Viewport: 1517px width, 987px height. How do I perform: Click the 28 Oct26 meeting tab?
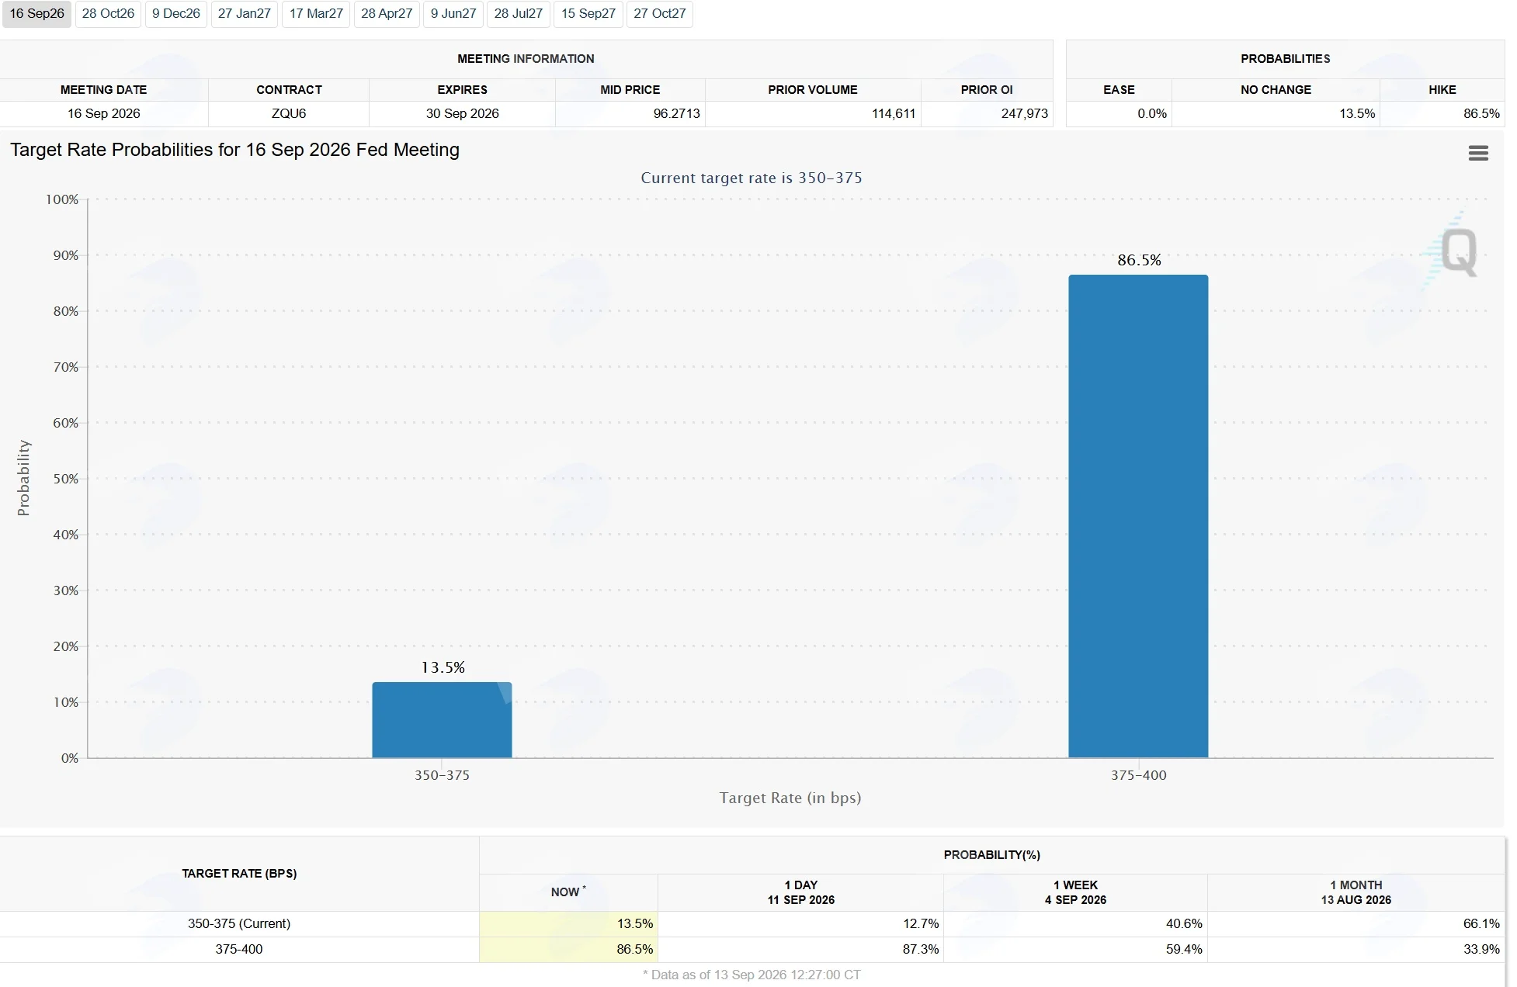tap(108, 14)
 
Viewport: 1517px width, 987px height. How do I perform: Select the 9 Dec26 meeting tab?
tap(176, 14)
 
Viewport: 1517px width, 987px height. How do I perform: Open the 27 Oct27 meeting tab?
tap(660, 14)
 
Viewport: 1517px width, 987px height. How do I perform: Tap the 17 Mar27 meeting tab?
tap(316, 14)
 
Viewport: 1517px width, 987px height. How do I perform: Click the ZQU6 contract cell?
tap(289, 113)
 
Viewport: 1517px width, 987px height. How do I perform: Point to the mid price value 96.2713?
tap(676, 113)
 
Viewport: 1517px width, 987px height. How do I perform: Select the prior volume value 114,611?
tap(894, 113)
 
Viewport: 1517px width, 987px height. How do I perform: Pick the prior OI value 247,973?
tap(1025, 113)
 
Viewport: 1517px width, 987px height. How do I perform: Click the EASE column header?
tap(1119, 90)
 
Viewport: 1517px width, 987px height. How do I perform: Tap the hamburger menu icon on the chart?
tap(1478, 153)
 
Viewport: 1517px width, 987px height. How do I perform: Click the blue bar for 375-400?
tap(1138, 516)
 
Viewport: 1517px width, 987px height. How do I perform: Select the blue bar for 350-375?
tap(442, 720)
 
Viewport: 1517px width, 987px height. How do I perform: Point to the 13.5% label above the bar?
tap(443, 667)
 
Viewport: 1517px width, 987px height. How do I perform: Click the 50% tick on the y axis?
tap(66, 479)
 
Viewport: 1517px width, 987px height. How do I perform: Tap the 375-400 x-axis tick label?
tap(1138, 775)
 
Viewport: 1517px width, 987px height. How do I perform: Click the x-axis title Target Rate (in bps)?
tap(790, 798)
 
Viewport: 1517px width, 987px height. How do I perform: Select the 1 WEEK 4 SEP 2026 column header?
tap(1075, 892)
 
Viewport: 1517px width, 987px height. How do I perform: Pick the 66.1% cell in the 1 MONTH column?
tap(1481, 923)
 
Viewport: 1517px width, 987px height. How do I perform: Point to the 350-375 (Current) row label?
tap(239, 923)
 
